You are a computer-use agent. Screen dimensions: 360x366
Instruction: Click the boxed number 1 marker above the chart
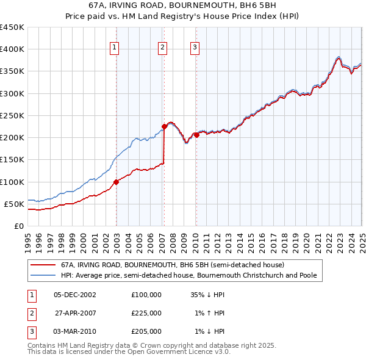(115, 48)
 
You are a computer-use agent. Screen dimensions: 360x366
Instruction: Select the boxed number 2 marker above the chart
(163, 48)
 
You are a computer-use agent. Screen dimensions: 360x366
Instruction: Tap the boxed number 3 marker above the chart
(195, 48)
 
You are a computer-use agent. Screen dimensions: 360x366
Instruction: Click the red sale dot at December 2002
(116, 181)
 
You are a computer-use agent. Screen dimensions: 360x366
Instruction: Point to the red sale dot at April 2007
(164, 127)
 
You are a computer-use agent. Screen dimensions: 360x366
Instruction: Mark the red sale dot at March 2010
(196, 135)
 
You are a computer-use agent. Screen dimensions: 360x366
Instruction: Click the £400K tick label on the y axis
(12, 49)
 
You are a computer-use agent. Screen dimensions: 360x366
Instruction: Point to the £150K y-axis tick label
(12, 160)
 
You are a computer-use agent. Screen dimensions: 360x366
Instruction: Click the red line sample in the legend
(43, 265)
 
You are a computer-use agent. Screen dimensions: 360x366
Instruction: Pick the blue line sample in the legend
(43, 275)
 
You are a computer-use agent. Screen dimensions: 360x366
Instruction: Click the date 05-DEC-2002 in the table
(76, 295)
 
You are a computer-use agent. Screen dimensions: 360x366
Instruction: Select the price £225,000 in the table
(146, 313)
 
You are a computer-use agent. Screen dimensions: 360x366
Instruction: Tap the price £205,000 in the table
(146, 331)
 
